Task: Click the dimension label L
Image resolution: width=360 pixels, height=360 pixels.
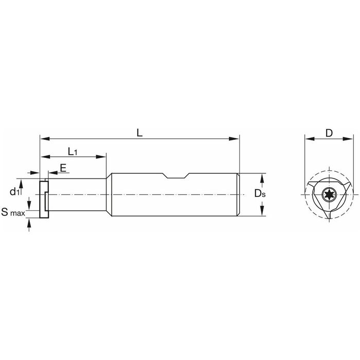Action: pos(139,133)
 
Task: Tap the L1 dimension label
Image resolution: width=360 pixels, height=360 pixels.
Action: pos(73,152)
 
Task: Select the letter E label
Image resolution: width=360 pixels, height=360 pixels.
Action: pos(63,168)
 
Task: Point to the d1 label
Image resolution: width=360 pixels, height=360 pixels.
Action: pos(14,191)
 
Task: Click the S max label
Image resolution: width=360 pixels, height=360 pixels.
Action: pos(13,212)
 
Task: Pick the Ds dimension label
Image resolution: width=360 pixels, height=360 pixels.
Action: pos(260,193)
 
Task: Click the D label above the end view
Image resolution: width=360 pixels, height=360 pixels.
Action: pos(329,133)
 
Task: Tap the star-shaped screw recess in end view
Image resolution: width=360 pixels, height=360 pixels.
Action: pos(329,195)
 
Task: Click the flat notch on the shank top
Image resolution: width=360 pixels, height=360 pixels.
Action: pos(176,176)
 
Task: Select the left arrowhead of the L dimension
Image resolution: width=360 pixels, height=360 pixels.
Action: pos(45,139)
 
